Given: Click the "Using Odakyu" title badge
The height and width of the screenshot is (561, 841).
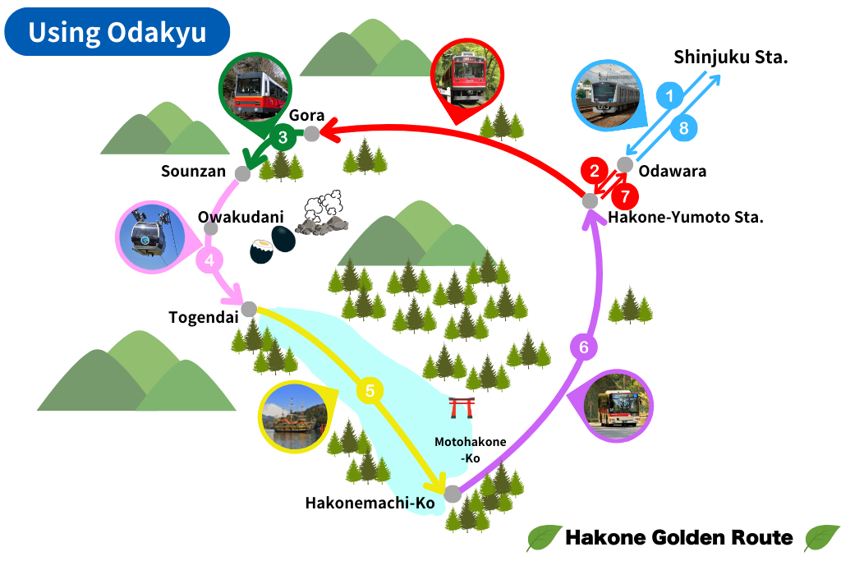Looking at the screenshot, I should pyautogui.click(x=117, y=32).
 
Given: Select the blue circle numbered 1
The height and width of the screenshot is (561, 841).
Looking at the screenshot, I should pyautogui.click(x=669, y=96).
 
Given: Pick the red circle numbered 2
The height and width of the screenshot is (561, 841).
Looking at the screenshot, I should pyautogui.click(x=593, y=172).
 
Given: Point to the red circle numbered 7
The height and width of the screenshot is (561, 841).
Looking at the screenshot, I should pyautogui.click(x=625, y=197).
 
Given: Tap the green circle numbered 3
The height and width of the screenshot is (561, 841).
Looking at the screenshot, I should pyautogui.click(x=283, y=138).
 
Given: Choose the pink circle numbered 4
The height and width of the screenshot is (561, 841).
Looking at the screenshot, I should pyautogui.click(x=209, y=261).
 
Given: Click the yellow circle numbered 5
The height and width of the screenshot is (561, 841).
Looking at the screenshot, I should pyautogui.click(x=370, y=391).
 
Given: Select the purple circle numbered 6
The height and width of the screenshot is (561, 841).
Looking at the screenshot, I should pyautogui.click(x=583, y=347).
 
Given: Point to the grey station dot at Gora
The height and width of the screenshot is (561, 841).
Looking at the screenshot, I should pyautogui.click(x=312, y=134).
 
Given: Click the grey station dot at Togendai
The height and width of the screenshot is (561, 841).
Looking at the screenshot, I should pyautogui.click(x=249, y=309).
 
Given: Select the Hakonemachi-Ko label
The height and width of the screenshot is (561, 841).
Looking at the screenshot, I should pyautogui.click(x=370, y=502).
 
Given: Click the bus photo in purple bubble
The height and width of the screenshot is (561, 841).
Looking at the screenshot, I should pyautogui.click(x=617, y=407).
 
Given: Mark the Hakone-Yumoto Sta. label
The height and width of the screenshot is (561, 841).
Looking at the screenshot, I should pyautogui.click(x=686, y=218).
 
